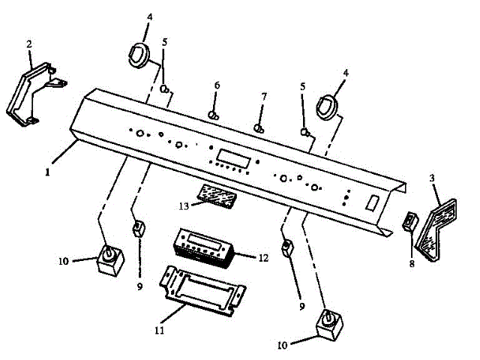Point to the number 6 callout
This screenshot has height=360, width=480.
coord(217,85)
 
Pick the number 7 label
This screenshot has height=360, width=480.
coord(263,97)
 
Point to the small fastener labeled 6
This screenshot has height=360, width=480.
coord(214,115)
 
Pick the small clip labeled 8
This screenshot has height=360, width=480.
coord(409,221)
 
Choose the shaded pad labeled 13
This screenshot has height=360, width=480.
coord(217,194)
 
